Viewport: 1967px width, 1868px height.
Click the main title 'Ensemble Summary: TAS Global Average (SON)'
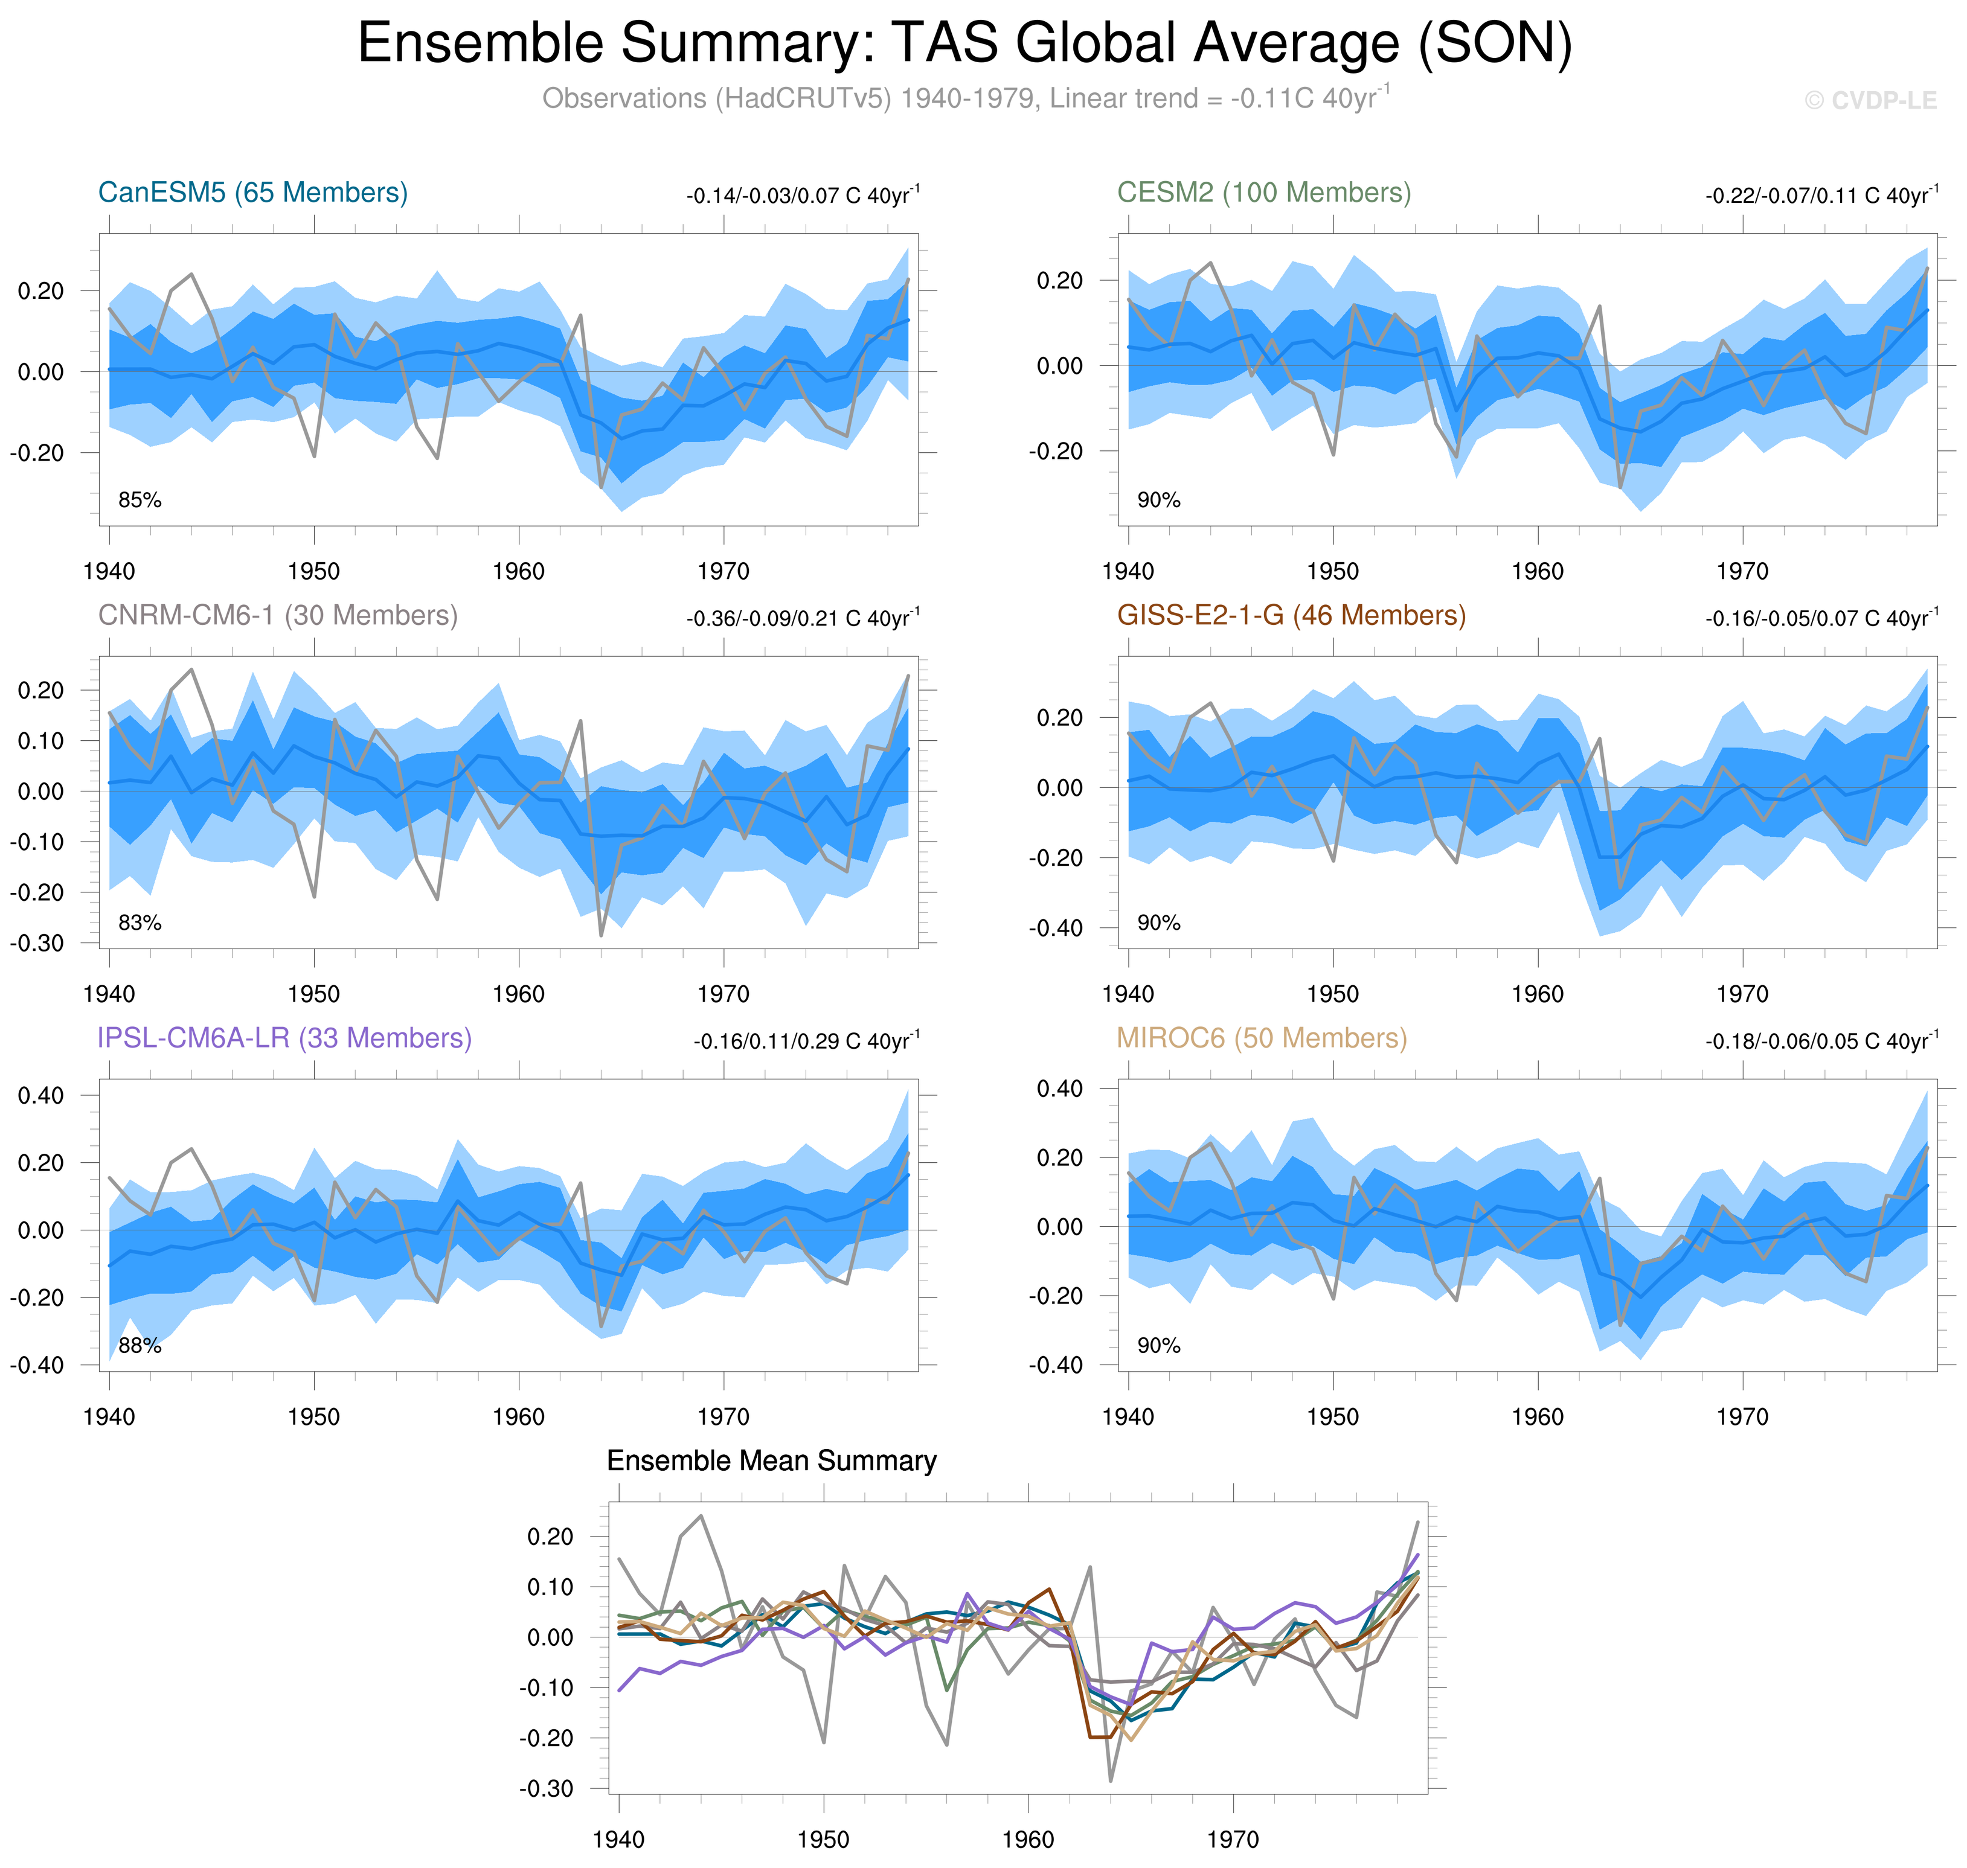pos(964,44)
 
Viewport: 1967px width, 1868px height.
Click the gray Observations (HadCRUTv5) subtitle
pos(964,98)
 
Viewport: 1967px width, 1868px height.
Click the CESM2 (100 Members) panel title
pos(1263,192)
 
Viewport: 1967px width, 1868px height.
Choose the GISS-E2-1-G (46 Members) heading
pos(1291,615)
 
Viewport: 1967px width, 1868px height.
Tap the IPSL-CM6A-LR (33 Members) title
pos(284,1038)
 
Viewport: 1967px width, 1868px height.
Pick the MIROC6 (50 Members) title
pos(1261,1038)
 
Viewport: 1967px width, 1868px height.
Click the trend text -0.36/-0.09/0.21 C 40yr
pos(802,618)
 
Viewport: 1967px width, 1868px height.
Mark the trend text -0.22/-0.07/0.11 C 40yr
pos(1821,195)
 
